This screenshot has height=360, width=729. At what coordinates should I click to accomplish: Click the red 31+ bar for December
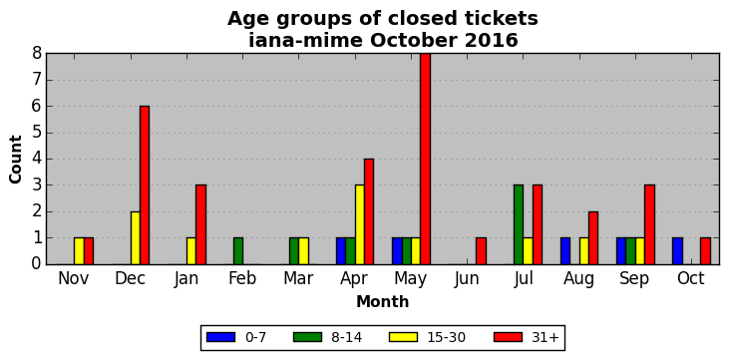click(x=145, y=185)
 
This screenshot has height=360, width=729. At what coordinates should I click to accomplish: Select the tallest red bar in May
click(x=425, y=159)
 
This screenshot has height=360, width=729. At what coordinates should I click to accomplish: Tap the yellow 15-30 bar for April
click(x=359, y=224)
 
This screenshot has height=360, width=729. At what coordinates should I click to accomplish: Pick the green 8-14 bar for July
click(x=519, y=224)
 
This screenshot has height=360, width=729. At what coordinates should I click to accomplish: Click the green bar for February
click(x=238, y=251)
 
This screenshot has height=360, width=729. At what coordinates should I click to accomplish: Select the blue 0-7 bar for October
click(x=677, y=251)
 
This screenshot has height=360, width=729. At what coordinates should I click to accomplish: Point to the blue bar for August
click(x=565, y=251)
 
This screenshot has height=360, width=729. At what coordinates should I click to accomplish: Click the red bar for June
click(x=482, y=251)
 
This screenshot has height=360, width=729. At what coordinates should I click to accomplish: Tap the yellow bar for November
click(x=79, y=251)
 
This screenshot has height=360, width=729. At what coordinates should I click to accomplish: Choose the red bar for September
click(x=649, y=224)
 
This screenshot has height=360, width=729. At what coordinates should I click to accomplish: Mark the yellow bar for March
click(x=303, y=251)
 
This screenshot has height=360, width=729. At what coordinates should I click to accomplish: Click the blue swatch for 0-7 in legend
click(x=220, y=337)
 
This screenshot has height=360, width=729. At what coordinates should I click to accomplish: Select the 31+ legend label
click(x=545, y=338)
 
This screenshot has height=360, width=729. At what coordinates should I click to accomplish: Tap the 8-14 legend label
click(x=346, y=338)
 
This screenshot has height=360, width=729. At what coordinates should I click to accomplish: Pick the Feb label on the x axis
click(x=242, y=278)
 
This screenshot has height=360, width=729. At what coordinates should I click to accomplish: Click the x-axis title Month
click(x=383, y=302)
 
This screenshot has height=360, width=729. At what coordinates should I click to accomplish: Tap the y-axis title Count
click(x=15, y=160)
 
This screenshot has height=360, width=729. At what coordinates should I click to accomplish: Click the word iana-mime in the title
click(x=305, y=41)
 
